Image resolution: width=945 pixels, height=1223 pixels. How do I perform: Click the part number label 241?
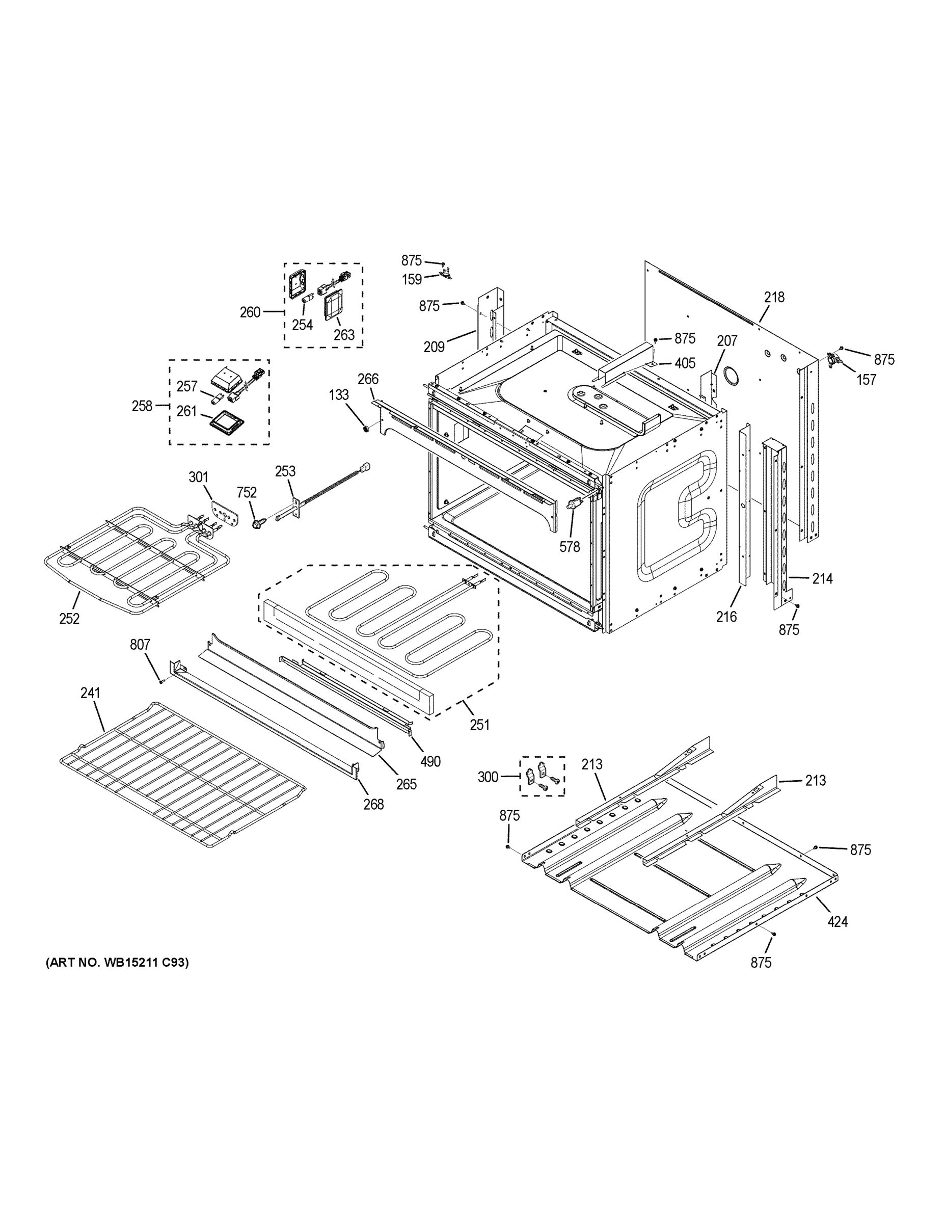pos(90,693)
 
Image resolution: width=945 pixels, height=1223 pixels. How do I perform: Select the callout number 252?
pos(69,618)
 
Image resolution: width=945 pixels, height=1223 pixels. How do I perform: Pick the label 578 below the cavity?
pos(570,547)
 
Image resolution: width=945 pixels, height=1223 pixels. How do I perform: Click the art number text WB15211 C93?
pos(117,963)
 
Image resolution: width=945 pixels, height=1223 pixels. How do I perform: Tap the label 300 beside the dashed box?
pos(488,777)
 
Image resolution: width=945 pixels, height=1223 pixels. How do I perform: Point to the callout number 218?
pos(774,298)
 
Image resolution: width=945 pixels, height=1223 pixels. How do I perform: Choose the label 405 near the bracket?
pos(685,363)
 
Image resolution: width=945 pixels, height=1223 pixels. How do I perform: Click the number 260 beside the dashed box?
pos(250,312)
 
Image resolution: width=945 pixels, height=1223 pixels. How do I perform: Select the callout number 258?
pos(142,406)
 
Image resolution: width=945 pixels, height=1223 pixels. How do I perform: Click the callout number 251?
pos(479,725)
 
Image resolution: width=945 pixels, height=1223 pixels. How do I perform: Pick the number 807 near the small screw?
pos(140,645)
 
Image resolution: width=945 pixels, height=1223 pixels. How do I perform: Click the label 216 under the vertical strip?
pos(726,617)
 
